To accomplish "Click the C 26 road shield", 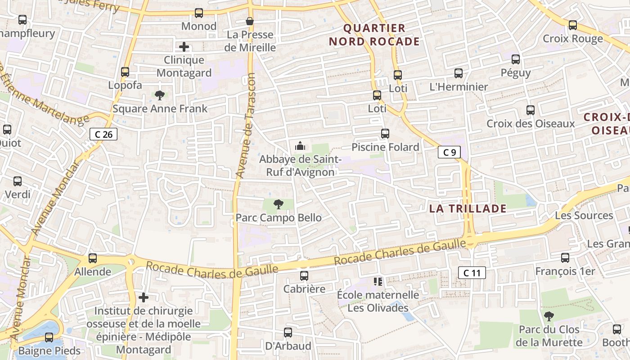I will (103, 134).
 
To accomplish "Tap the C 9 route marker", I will (450, 152).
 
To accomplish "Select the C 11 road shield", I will (472, 272).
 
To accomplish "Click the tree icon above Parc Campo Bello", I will (279, 205).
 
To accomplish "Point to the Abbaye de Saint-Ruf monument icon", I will (300, 146).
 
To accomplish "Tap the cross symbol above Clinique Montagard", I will (184, 46).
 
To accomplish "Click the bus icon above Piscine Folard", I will (385, 134).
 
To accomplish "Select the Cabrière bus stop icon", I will (304, 276).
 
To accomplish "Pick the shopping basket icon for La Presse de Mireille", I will (250, 21).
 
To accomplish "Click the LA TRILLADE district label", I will (468, 208).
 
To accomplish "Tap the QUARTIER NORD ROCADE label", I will (374, 35).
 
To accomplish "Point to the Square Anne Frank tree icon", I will (159, 95).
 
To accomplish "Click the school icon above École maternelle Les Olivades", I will (378, 282).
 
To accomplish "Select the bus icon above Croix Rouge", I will (572, 25).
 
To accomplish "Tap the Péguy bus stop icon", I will (516, 59).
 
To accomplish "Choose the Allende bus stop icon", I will (92, 258).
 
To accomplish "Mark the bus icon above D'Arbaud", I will (288, 333).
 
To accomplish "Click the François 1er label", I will (565, 271).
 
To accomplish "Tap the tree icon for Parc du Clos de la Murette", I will (549, 316).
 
